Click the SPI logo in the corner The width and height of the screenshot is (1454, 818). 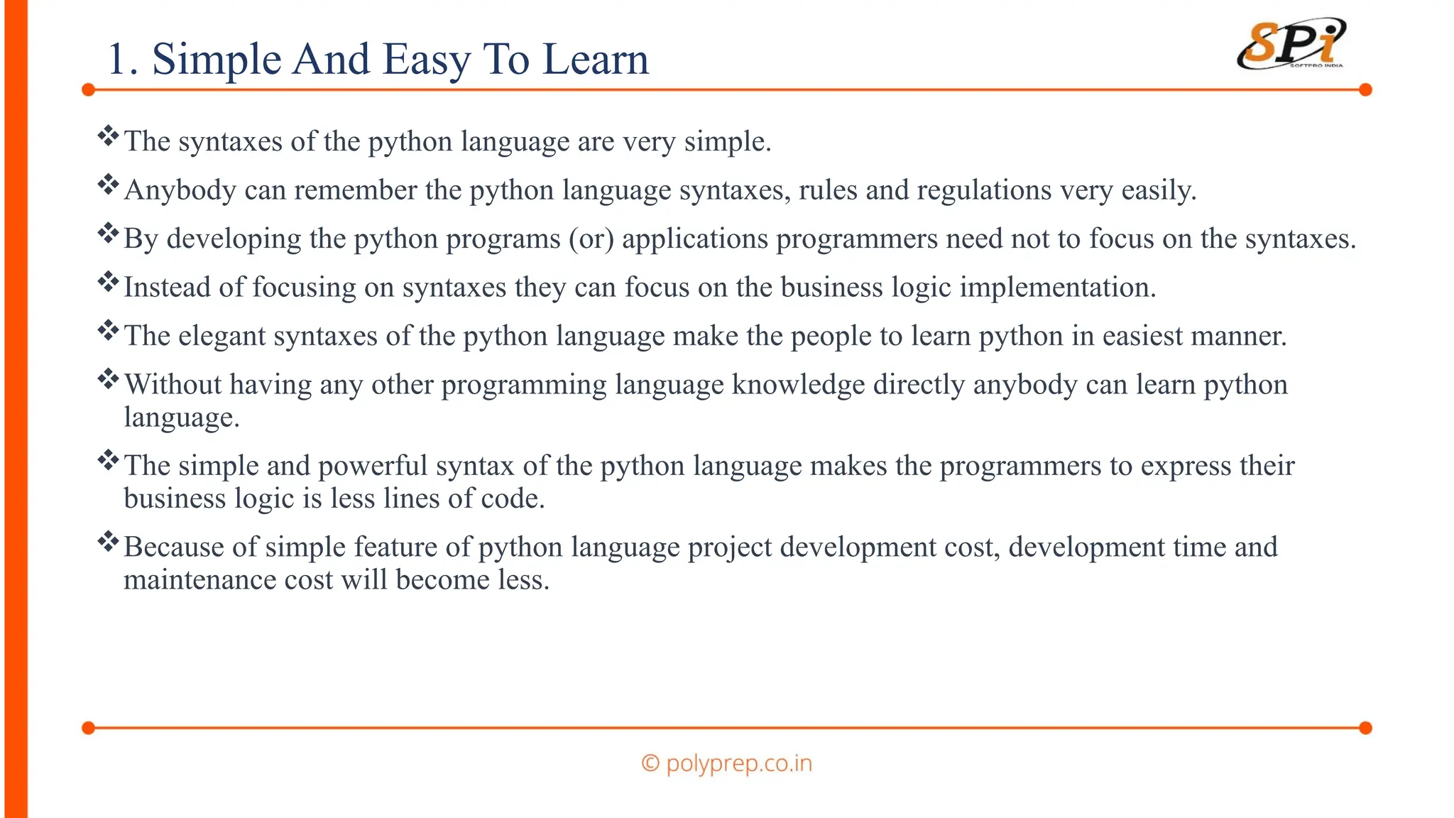(x=1291, y=45)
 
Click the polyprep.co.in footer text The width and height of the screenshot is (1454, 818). (x=727, y=763)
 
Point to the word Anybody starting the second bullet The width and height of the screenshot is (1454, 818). (x=180, y=190)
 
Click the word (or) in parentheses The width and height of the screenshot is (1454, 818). (x=591, y=239)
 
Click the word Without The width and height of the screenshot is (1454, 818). (x=173, y=384)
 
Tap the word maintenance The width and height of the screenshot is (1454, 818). (x=199, y=579)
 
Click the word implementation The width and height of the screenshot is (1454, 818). (x=1058, y=288)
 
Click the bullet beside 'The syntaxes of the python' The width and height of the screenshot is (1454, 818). (x=108, y=135)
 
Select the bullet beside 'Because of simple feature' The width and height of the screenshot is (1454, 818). (x=108, y=541)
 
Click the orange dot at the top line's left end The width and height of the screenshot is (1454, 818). (x=89, y=90)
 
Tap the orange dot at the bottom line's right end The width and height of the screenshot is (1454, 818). (x=1365, y=728)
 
